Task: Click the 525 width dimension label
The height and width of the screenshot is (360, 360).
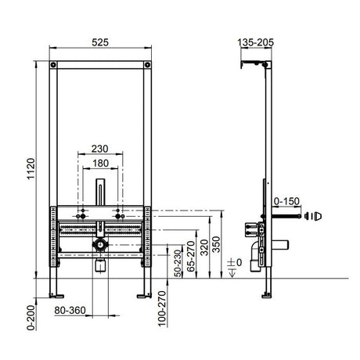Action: [100, 42]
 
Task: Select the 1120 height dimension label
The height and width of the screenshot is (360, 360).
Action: [31, 168]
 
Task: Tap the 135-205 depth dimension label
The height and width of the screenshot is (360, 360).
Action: [256, 42]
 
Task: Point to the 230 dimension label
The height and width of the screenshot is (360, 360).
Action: [99, 149]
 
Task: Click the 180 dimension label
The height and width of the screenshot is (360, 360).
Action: [100, 164]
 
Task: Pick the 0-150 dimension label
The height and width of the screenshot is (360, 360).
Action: [286, 201]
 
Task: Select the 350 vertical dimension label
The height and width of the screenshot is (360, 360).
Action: [216, 244]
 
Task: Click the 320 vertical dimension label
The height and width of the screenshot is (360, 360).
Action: [204, 247]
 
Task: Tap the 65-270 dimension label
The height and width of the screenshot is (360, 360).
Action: [191, 256]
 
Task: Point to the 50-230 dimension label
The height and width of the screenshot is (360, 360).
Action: [178, 264]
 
